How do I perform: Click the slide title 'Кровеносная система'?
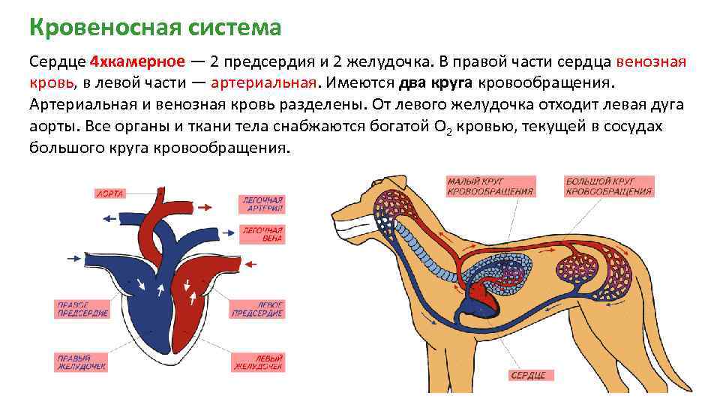tap(155, 28)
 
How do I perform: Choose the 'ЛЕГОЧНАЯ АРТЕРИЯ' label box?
tap(262, 204)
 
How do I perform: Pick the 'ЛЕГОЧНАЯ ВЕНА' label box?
tap(262, 234)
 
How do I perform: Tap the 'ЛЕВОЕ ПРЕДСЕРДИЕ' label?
tap(257, 309)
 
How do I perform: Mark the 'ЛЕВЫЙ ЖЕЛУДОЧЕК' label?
tap(258, 362)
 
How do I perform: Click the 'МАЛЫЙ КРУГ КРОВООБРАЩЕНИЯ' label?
tap(490, 186)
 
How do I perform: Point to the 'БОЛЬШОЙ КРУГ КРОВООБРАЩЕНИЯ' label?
tap(609, 186)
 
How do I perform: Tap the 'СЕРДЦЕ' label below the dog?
tap(529, 374)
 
